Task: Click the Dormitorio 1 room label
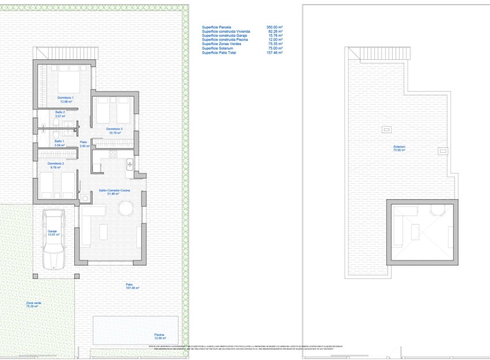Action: [65, 98]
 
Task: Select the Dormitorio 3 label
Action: [113, 128]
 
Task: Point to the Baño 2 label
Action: [60, 112]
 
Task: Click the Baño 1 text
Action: [59, 141]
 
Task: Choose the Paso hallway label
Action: [83, 142]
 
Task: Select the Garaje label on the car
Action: [54, 232]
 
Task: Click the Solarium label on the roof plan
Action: [400, 146]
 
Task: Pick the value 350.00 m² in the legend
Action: [275, 27]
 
